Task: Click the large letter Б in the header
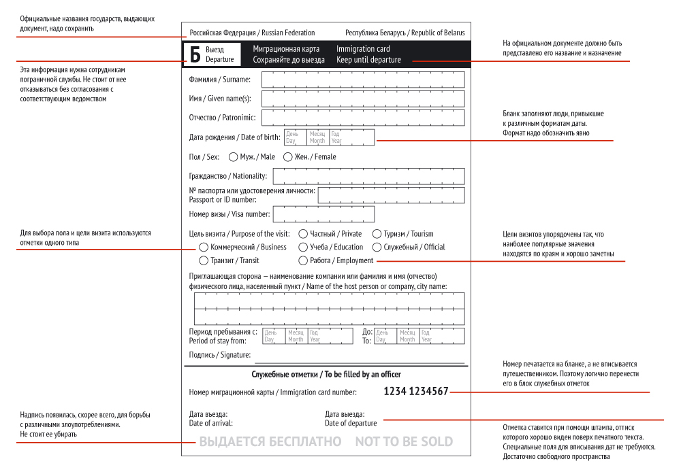(195, 54)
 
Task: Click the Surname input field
(363, 80)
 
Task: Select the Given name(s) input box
(363, 99)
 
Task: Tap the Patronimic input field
(363, 118)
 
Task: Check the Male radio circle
(234, 157)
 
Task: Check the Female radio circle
(288, 157)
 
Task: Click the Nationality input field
(368, 176)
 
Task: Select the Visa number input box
(323, 214)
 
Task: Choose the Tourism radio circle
(377, 233)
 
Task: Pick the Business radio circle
(204, 247)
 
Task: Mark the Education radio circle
(303, 247)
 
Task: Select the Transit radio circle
(204, 260)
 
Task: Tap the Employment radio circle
(303, 260)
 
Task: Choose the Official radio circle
(377, 247)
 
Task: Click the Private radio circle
(303, 233)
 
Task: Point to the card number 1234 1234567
(416, 391)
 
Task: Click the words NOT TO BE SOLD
(404, 442)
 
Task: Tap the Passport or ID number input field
(391, 195)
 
